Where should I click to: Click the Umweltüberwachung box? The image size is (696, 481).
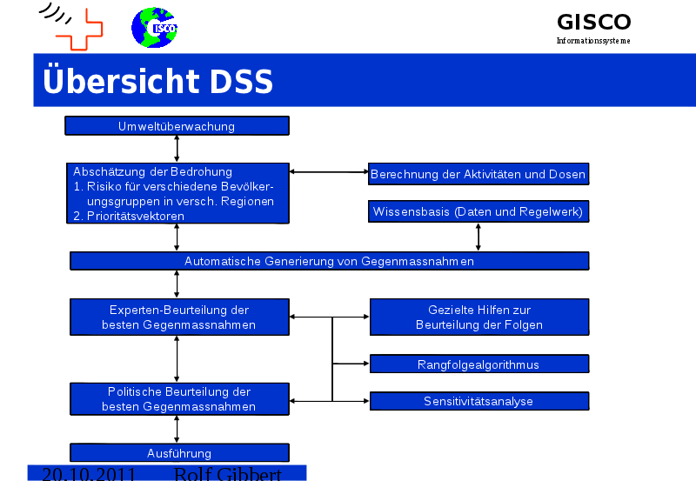point(177,126)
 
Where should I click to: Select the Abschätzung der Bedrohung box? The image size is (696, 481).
point(177,193)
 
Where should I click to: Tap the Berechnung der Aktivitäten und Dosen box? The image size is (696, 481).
point(478,174)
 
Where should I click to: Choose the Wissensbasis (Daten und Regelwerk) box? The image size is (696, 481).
point(478,211)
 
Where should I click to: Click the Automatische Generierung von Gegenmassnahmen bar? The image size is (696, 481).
point(329,261)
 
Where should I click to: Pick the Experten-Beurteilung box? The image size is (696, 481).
point(178,317)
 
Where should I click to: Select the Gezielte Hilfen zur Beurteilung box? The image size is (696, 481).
point(478,317)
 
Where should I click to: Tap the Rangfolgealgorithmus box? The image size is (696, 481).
point(478,364)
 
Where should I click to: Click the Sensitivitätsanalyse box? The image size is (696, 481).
point(478,401)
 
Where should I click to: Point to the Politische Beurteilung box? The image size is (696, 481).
point(178,399)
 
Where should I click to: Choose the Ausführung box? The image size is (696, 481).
point(178,452)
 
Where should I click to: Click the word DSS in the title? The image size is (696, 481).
point(241,82)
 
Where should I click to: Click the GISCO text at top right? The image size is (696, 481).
point(593,22)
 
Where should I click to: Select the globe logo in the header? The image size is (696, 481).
point(155,28)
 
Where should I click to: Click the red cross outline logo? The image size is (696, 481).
point(79,30)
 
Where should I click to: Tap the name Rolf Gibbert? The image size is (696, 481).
point(227,475)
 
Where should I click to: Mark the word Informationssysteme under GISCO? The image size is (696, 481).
point(593,41)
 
